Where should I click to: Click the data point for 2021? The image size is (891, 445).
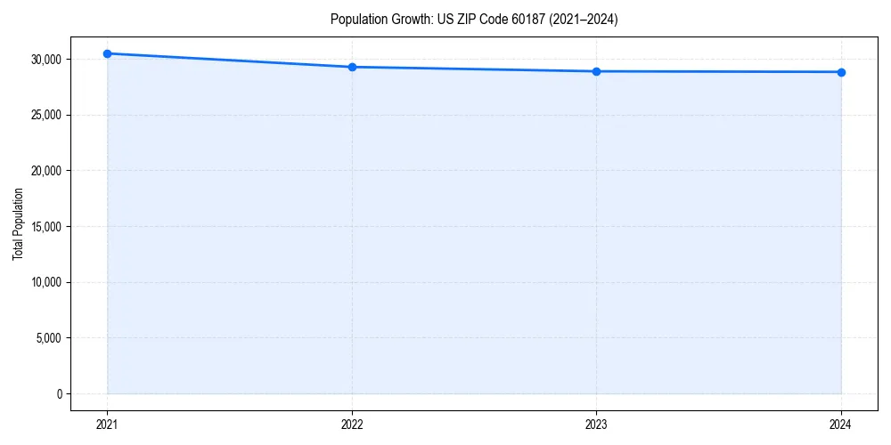[107, 53]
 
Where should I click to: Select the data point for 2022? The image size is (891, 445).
[352, 67]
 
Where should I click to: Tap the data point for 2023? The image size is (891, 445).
[596, 71]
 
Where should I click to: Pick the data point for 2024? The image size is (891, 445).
[841, 72]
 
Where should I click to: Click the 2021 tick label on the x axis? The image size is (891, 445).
[107, 425]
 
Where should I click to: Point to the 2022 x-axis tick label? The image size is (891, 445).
[352, 425]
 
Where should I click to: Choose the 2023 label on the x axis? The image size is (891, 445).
[596, 425]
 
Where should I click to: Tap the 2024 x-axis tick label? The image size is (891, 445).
[841, 425]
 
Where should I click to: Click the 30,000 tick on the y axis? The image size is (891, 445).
[45, 59]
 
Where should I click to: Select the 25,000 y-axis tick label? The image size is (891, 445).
[45, 115]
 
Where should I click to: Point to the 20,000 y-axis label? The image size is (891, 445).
[45, 171]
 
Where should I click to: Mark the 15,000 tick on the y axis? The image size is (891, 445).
[45, 226]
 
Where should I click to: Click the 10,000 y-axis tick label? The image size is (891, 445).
[45, 282]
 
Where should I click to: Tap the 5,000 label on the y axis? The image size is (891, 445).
[48, 338]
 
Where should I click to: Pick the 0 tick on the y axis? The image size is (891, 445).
[59, 393]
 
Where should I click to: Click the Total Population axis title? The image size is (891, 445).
[18, 224]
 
